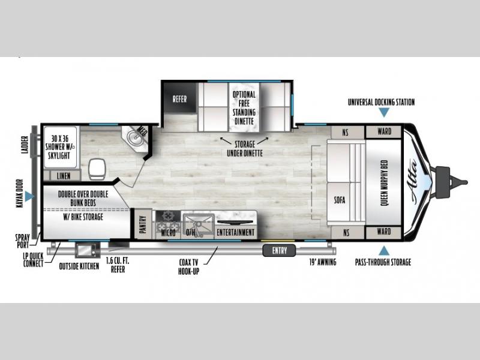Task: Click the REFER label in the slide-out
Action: point(179,99)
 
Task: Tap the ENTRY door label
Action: point(280,251)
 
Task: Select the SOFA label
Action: point(340,200)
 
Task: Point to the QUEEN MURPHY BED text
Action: point(385,183)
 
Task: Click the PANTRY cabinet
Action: point(143,224)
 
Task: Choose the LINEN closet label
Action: point(64,176)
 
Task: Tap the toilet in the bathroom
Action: point(97,169)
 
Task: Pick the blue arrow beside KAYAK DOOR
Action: point(29,196)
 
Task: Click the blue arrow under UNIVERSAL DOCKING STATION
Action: point(384,113)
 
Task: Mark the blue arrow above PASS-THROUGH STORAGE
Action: point(384,251)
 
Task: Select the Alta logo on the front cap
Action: point(412,182)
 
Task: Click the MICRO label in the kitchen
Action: point(168,233)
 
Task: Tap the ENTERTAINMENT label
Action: point(235,233)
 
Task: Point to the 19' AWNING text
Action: point(322,262)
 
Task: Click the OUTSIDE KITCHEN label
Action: point(79,266)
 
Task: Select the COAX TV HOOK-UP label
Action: point(188,266)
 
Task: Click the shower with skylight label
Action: point(60,147)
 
